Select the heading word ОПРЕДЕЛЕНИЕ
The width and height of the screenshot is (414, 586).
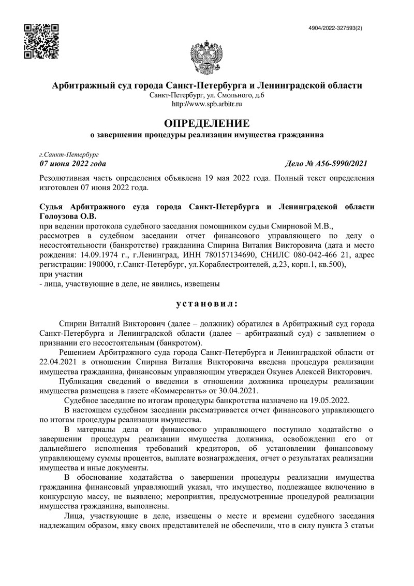(206, 124)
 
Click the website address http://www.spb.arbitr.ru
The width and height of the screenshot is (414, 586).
(206, 104)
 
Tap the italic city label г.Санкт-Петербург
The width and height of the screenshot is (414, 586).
(69, 154)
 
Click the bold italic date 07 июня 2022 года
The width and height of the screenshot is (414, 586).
(72, 164)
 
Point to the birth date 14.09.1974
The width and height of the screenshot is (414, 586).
(98, 255)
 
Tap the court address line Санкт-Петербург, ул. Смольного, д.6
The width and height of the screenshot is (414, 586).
(206, 95)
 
